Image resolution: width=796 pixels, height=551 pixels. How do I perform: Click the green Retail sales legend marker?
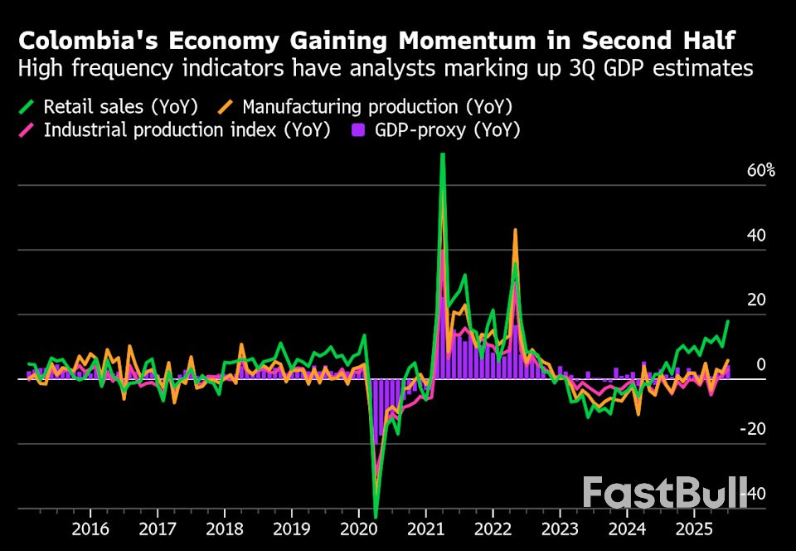point(27,107)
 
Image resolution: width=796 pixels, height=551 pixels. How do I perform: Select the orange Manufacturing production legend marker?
point(226,107)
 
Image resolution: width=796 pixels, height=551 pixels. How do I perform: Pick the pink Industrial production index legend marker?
point(27,130)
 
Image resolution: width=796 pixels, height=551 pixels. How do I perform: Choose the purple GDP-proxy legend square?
point(359,130)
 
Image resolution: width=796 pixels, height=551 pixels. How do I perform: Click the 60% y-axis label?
point(760,171)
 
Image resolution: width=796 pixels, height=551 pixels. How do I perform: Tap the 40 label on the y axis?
point(755,236)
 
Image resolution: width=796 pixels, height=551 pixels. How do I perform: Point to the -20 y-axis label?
point(752,429)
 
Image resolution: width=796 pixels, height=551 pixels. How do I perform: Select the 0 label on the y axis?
point(760,365)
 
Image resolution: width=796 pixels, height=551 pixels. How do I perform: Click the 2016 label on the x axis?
point(90,529)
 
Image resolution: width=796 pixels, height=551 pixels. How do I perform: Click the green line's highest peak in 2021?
point(443,154)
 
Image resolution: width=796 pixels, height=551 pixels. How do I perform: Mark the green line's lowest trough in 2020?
point(376,516)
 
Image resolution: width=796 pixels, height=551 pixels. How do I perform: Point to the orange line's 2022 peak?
point(515,230)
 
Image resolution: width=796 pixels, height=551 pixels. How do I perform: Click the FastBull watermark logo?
point(664,492)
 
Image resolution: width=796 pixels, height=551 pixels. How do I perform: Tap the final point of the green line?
point(728,321)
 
